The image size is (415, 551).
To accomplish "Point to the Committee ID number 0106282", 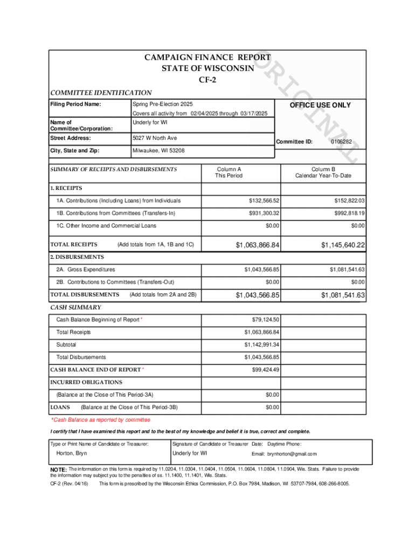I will point(341,142).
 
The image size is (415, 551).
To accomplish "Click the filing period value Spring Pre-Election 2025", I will point(162,104).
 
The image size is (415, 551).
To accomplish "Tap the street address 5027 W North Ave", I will point(155,138).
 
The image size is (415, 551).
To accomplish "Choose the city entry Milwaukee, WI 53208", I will point(158,151).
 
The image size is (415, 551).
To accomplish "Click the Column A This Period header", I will point(229,172).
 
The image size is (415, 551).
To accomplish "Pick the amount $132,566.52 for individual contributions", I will point(264,201).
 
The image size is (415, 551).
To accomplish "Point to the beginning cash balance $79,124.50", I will point(266,320).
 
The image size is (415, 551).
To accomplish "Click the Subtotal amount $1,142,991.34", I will point(262,344).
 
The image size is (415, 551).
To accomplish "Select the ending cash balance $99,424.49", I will point(266,370).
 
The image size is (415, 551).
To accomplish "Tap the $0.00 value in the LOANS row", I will point(273,407).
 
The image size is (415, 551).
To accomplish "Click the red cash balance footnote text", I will point(100,420).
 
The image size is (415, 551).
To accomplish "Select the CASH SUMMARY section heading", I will point(75,307).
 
